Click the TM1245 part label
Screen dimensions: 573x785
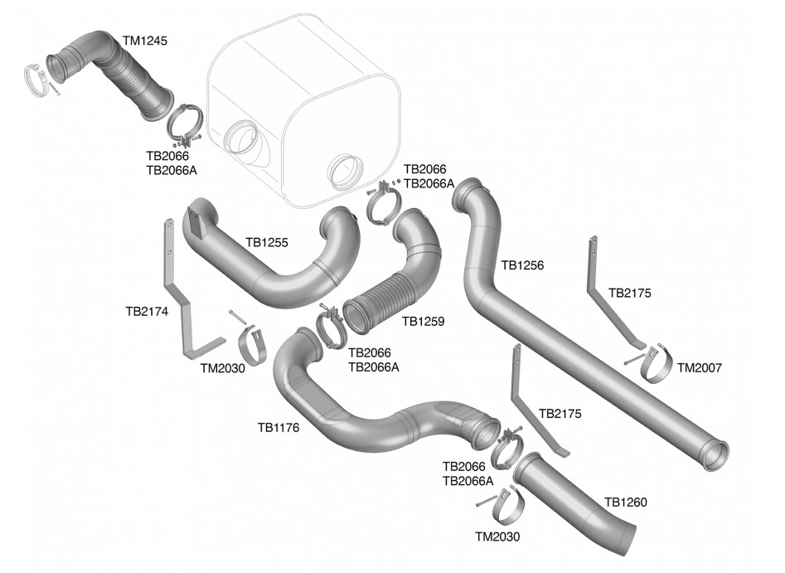(x=145, y=40)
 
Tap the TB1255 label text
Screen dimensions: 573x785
(x=267, y=243)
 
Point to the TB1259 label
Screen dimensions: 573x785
(x=424, y=319)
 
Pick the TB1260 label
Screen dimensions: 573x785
(x=626, y=502)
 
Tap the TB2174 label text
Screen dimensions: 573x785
(x=147, y=312)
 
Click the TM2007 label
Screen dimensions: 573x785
(x=699, y=367)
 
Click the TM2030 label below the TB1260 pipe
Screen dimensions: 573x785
(x=497, y=537)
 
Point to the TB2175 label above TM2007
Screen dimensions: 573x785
(x=630, y=293)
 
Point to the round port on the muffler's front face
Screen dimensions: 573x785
(x=344, y=171)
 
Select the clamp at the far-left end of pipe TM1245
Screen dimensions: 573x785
(x=36, y=78)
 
